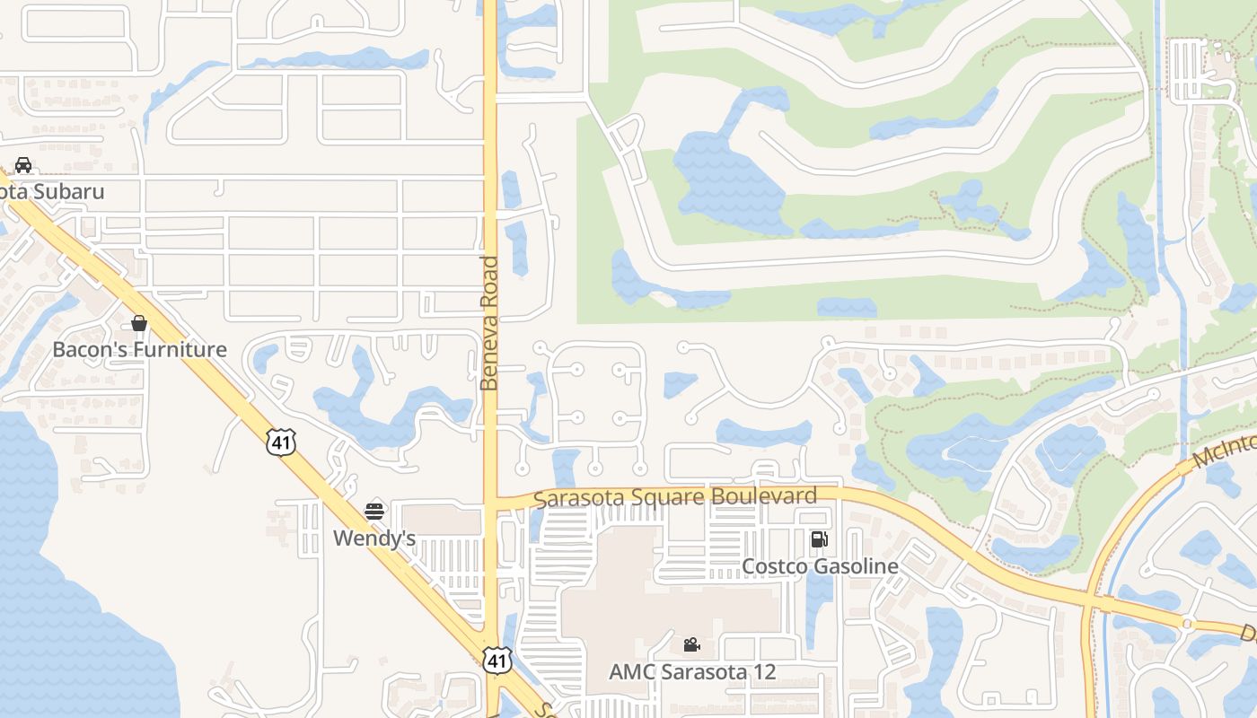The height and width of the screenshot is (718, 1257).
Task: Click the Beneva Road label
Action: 489,323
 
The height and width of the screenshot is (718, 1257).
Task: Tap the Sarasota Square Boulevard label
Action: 675,497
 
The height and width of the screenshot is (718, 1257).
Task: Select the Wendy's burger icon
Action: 374,512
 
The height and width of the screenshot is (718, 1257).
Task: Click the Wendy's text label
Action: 374,538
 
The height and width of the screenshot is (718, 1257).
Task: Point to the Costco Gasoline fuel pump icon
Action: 819,539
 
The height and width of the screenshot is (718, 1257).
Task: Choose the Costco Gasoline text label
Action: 820,566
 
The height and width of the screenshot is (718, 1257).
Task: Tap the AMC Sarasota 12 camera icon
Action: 691,644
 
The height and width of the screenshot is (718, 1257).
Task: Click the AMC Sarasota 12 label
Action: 692,671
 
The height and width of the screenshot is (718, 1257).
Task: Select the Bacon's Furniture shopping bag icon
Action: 139,323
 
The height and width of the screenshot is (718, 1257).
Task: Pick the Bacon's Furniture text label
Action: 139,349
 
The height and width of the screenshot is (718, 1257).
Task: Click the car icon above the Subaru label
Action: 23,165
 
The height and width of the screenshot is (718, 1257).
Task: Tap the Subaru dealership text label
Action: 54,191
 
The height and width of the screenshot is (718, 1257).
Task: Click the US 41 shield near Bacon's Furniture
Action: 281,442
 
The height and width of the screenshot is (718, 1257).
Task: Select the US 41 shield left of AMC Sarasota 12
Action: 497,661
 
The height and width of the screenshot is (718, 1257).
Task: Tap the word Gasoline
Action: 856,566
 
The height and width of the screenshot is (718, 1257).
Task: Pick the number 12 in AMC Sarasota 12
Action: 763,671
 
